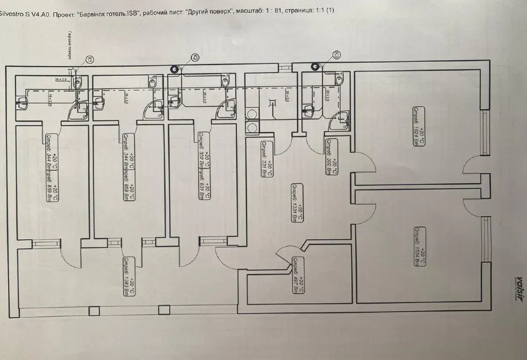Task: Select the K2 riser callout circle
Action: coord(196,57)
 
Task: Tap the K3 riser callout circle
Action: coord(336,54)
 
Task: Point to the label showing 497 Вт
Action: coord(297,276)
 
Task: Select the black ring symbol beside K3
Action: coord(314,67)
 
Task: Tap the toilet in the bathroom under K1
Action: coord(77,83)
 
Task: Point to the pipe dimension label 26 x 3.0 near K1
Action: coord(60,80)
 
